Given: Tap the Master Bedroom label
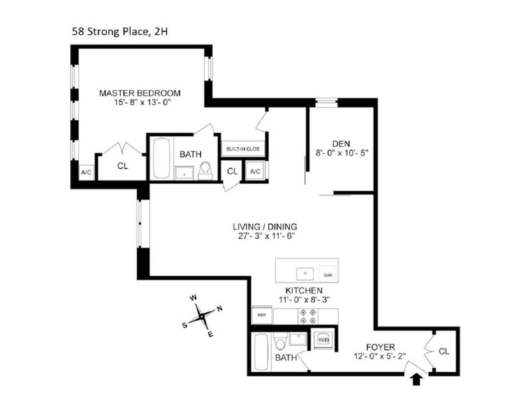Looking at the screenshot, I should (139, 93).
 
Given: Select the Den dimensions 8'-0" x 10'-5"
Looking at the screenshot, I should (341, 152).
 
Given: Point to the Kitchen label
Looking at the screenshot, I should (304, 291).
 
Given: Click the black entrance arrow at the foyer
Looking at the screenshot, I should (416, 379).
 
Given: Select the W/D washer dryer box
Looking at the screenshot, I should (323, 339).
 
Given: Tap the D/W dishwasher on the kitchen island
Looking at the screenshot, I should (327, 274).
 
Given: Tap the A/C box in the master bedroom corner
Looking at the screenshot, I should (86, 172).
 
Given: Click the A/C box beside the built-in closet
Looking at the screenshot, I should (256, 171).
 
